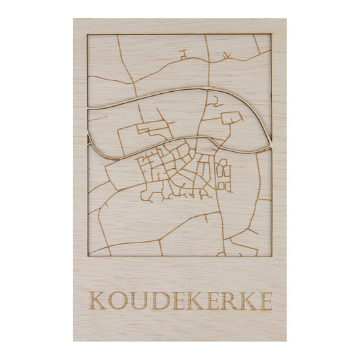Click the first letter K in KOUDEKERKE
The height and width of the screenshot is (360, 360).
[98, 301]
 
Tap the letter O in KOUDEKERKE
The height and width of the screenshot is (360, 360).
[118, 301]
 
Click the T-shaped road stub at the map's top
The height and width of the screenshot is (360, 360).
[183, 54]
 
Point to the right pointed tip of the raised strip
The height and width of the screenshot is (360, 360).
[271, 144]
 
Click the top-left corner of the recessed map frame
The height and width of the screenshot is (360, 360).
[88, 34]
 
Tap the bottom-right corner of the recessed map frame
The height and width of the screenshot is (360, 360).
[271, 256]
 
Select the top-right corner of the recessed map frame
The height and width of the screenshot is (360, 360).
[271, 34]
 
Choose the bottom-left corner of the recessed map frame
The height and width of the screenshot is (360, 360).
[88, 256]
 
